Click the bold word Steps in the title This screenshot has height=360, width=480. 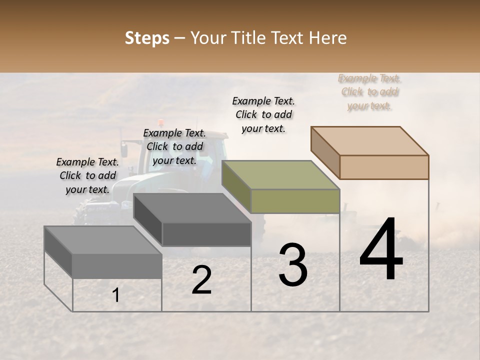147,38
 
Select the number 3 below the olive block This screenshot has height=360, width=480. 293,265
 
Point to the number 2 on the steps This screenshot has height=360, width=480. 201,280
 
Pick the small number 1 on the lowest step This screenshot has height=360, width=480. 115,295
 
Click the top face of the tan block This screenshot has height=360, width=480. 370,140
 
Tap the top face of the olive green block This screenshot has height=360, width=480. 280,174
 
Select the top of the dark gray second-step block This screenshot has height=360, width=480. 192,207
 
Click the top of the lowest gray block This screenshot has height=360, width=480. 103,240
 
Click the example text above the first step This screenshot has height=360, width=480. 87,175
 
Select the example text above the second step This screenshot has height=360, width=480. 174,146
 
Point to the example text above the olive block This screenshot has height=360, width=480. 263,114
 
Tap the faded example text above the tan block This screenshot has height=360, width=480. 370,92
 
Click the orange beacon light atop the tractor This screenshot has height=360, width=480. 160,122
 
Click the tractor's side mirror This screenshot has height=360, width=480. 124,148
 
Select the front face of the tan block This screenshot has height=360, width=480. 384,167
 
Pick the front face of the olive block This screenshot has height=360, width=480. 295,201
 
